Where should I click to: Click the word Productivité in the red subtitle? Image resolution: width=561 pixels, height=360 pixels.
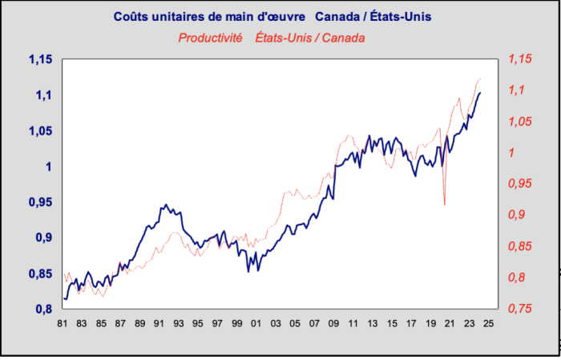coord(210,38)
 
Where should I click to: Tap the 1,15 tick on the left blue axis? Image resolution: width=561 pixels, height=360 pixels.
coord(39,60)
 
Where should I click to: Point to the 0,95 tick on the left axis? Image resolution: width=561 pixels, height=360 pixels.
coord(39,202)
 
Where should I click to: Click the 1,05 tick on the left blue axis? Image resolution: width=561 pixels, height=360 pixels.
coord(39,131)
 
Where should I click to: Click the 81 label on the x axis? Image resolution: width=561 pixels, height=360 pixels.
coord(62,325)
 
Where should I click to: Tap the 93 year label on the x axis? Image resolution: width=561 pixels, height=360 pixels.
coord(178,325)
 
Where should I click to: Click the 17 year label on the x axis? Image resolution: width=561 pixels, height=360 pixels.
coord(412,325)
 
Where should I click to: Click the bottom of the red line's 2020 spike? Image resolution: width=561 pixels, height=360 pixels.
coord(445,205)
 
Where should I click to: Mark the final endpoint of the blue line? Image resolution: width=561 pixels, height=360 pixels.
coord(481,93)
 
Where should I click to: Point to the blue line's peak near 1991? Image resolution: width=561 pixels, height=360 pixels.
coord(166,204)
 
